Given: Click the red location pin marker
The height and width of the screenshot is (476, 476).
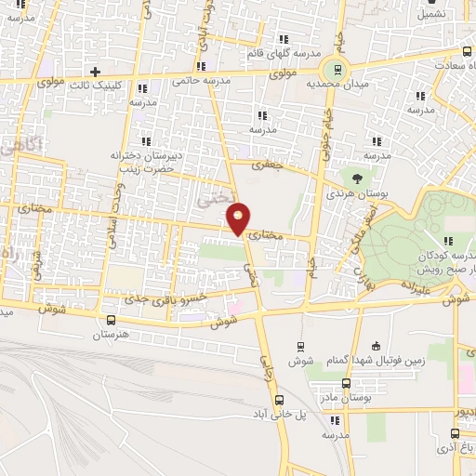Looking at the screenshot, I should point(239,218).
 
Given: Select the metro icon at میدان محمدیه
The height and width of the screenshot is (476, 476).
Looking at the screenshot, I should point(335,68).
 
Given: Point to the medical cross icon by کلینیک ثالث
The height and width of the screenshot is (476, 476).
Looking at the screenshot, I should point(95,72).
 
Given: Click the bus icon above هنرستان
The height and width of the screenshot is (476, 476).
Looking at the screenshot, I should point(112,319).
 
